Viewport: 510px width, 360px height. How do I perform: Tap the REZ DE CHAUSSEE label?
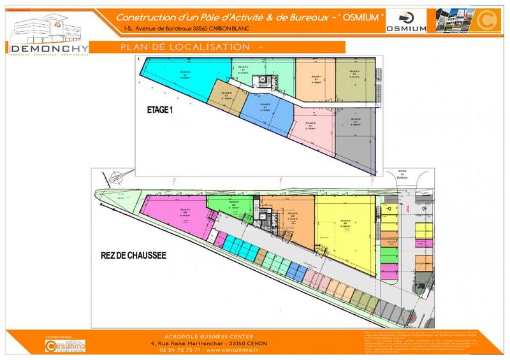[133, 255]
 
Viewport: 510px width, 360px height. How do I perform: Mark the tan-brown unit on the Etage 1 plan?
[226, 99]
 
